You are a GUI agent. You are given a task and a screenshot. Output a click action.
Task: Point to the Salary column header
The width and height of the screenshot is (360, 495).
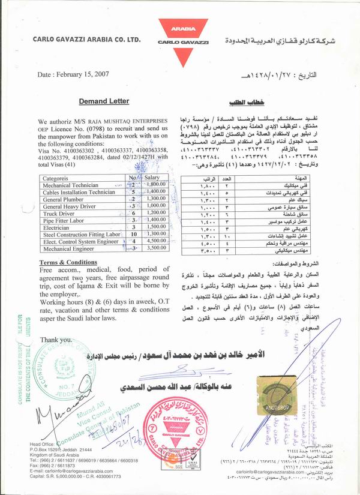[151, 178]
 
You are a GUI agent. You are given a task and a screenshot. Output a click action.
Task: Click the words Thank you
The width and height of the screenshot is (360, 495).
[52, 340]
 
